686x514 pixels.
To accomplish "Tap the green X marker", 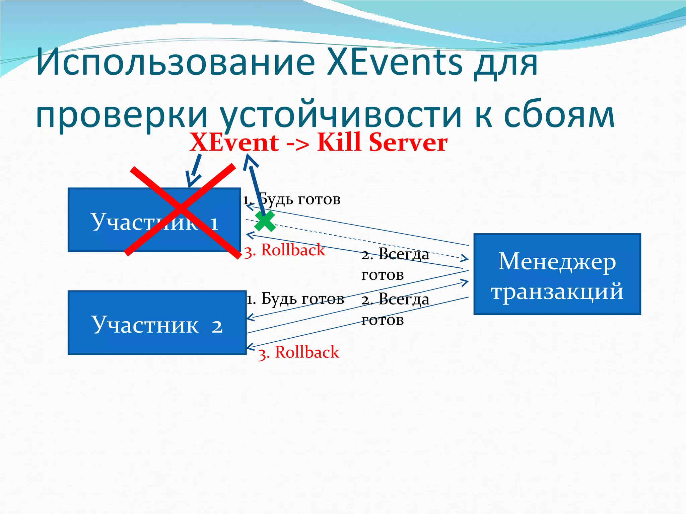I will coord(265,221).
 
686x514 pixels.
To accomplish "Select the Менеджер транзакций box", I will coord(557,274).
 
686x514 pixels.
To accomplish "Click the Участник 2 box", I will coord(157,323).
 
